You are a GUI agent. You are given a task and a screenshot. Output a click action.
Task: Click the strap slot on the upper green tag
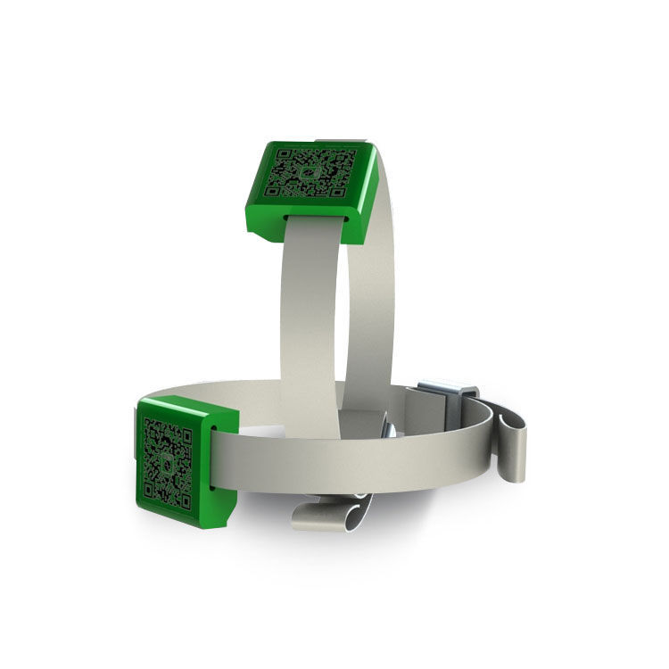316,215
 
